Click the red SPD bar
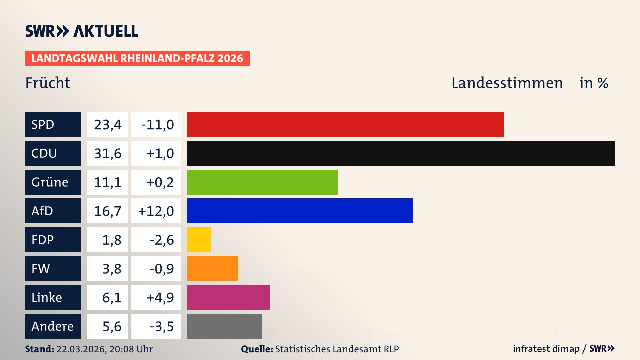pos(345,124)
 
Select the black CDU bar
pos(401,153)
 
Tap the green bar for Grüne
pos(262,182)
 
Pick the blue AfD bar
pos(300,211)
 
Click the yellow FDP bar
pos(199,240)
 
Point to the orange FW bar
pos(212,268)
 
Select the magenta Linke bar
pos(228,297)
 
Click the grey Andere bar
pos(224,326)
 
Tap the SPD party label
pos(53,124)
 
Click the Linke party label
pos(53,297)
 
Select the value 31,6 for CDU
pos(107,153)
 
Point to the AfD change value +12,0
pos(156,211)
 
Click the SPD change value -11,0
pos(156,124)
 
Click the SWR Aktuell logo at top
pos(82,31)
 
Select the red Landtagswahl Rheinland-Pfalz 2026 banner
pos(137,58)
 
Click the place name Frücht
pos(48,83)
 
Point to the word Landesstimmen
pos(507,83)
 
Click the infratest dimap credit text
pos(546,349)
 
